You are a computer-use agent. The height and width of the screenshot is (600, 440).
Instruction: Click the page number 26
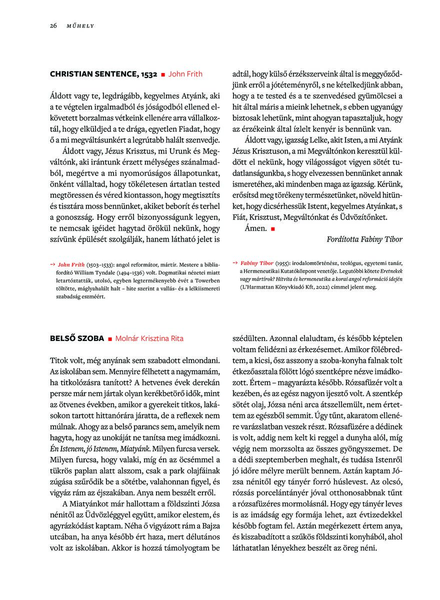tap(53, 25)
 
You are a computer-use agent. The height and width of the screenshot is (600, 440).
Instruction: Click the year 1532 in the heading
tap(149, 74)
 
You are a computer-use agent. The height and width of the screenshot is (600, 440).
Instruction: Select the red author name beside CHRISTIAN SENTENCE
tap(185, 74)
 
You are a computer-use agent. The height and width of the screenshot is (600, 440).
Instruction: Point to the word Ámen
tap(255, 228)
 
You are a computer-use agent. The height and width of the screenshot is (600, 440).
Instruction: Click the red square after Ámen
tap(273, 228)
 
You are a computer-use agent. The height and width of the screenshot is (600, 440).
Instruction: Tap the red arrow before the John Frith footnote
tap(52, 263)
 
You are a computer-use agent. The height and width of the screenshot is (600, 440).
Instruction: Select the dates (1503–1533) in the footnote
tap(99, 263)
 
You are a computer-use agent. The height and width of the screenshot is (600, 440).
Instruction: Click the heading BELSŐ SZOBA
tap(77, 338)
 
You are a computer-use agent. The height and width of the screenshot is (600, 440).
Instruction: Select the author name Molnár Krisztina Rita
tap(149, 338)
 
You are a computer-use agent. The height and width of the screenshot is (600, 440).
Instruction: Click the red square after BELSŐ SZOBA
tap(110, 339)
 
